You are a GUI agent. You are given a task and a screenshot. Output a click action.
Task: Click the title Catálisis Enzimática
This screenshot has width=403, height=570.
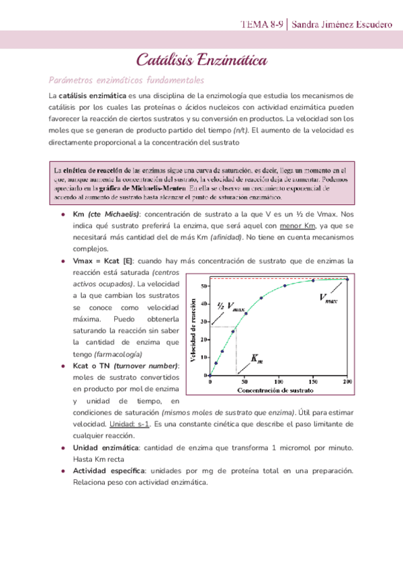coord(201,62)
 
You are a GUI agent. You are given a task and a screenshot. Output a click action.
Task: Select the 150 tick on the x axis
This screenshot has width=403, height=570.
coord(312,382)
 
